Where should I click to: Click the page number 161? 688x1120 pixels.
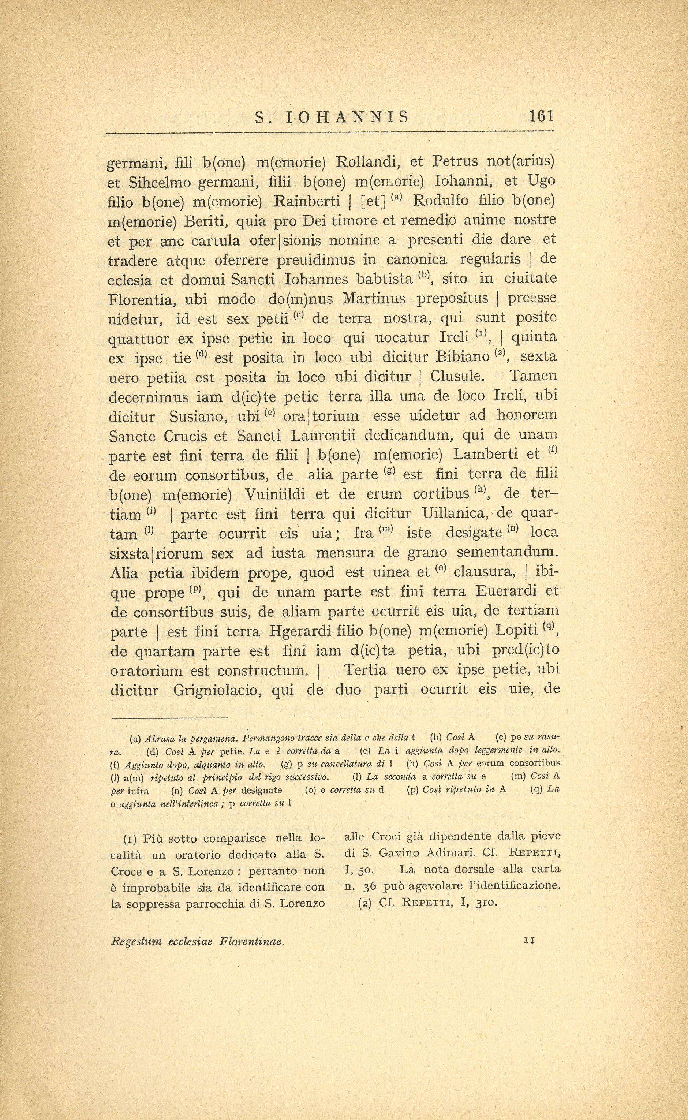[541, 116]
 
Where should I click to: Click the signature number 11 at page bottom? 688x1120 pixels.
[529, 940]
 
